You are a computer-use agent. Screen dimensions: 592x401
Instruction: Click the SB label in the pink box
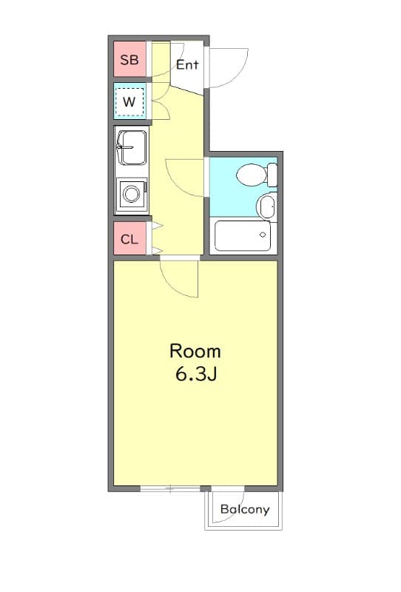129,60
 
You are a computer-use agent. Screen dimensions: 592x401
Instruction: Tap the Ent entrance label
187,64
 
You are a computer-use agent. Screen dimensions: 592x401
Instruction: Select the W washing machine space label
129,102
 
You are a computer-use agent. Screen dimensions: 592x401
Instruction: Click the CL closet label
129,239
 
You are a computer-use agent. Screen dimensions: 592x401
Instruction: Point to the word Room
195,351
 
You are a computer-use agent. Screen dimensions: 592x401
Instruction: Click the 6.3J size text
195,374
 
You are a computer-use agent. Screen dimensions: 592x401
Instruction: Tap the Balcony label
245,510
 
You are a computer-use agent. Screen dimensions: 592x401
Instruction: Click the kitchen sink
132,147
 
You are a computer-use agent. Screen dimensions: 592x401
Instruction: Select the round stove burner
132,195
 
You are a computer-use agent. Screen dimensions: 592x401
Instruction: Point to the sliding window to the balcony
170,488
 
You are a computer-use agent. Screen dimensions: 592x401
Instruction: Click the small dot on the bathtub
263,235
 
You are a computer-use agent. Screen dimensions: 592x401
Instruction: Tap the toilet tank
272,175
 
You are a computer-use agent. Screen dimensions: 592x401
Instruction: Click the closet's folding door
156,238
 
